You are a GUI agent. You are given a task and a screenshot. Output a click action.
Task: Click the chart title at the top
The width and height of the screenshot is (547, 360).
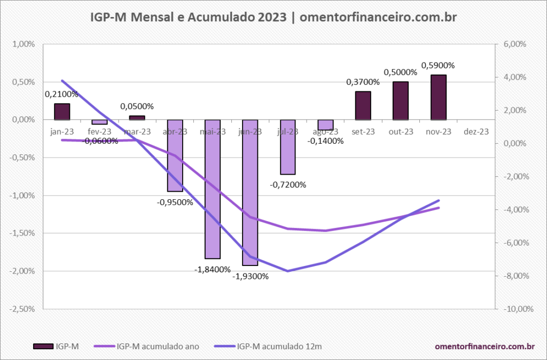click(x=273, y=18)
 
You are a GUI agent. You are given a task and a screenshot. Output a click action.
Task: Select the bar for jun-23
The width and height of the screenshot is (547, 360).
click(x=250, y=192)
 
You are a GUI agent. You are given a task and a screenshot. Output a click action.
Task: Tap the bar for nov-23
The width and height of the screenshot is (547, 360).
click(x=438, y=97)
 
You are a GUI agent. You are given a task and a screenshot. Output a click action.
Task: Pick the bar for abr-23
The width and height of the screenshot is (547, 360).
click(x=175, y=155)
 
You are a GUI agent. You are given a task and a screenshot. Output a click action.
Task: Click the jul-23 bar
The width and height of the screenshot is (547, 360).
click(x=288, y=147)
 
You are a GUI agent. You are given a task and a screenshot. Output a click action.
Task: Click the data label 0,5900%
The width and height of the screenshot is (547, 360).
click(x=438, y=66)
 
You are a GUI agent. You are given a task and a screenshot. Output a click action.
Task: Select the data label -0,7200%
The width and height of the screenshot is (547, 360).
click(x=288, y=185)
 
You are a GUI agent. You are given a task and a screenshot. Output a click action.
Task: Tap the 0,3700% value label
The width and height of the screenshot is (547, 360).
click(x=363, y=82)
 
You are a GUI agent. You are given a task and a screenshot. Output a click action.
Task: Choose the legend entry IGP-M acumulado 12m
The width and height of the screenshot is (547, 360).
click(x=279, y=346)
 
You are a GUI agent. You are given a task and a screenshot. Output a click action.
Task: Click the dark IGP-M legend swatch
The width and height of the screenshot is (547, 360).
click(x=43, y=346)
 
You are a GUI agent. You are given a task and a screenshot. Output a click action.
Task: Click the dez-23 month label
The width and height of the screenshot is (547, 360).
click(x=476, y=131)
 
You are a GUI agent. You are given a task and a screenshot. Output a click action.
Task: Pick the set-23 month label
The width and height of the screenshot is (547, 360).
click(x=363, y=131)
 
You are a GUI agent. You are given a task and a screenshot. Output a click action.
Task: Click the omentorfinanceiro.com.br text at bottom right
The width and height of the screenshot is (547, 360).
click(x=485, y=346)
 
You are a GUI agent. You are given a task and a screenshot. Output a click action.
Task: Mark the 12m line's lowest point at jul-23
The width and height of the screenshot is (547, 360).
click(x=288, y=271)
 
